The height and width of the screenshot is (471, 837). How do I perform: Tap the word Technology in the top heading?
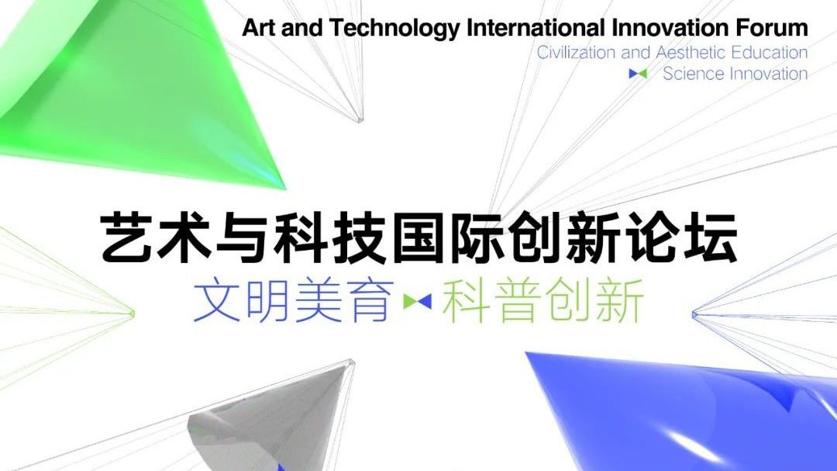(x=394, y=29)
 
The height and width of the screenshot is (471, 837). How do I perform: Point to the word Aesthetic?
(x=691, y=53)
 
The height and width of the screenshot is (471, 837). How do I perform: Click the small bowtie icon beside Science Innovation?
(x=638, y=74)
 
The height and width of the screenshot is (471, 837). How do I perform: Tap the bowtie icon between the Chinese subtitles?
(x=418, y=302)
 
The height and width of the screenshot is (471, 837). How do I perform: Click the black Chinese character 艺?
(x=128, y=237)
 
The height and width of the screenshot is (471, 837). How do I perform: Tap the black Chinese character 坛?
(x=709, y=237)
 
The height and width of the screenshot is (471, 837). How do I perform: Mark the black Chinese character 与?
(x=243, y=237)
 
